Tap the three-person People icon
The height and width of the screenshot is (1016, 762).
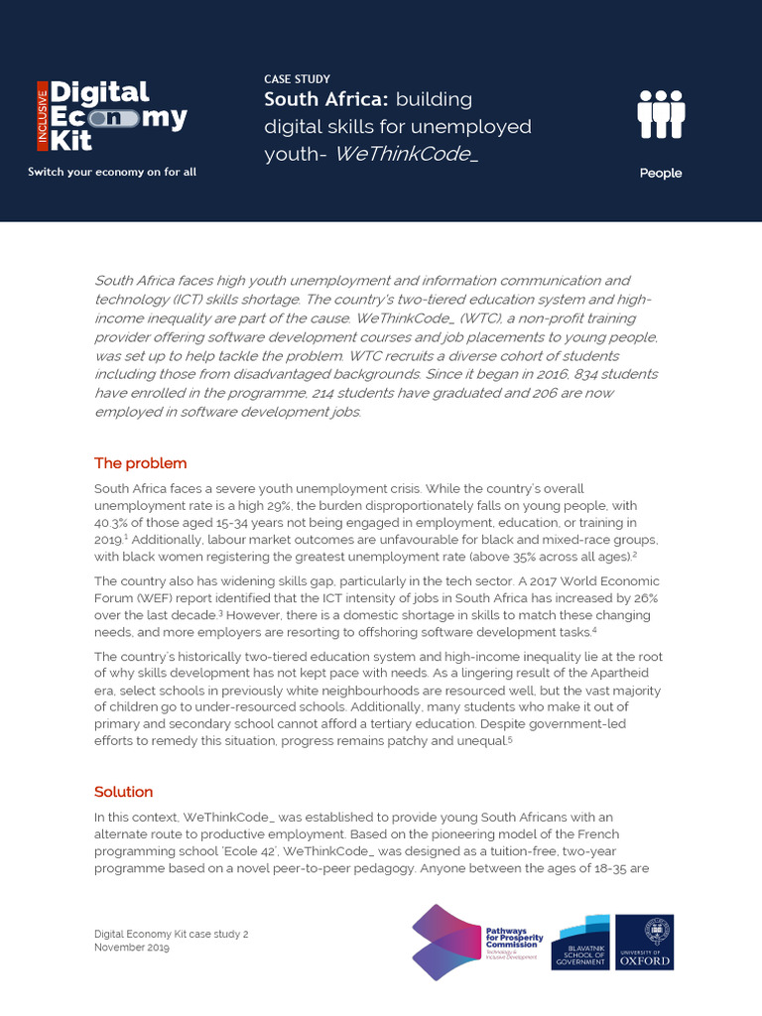pos(660,115)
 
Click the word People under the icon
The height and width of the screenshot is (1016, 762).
pos(660,173)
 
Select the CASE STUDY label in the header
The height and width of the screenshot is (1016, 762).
pos(297,78)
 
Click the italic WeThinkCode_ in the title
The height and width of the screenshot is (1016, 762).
pos(406,154)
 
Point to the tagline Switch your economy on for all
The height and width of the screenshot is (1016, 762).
pos(112,172)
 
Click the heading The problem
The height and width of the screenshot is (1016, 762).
pos(140,463)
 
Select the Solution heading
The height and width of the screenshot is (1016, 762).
pos(123,792)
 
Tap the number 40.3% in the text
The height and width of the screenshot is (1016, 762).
pos(112,522)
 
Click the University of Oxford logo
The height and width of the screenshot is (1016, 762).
pos(644,942)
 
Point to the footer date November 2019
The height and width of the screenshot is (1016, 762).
pos(132,948)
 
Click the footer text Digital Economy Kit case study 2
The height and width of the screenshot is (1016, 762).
pos(171,934)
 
